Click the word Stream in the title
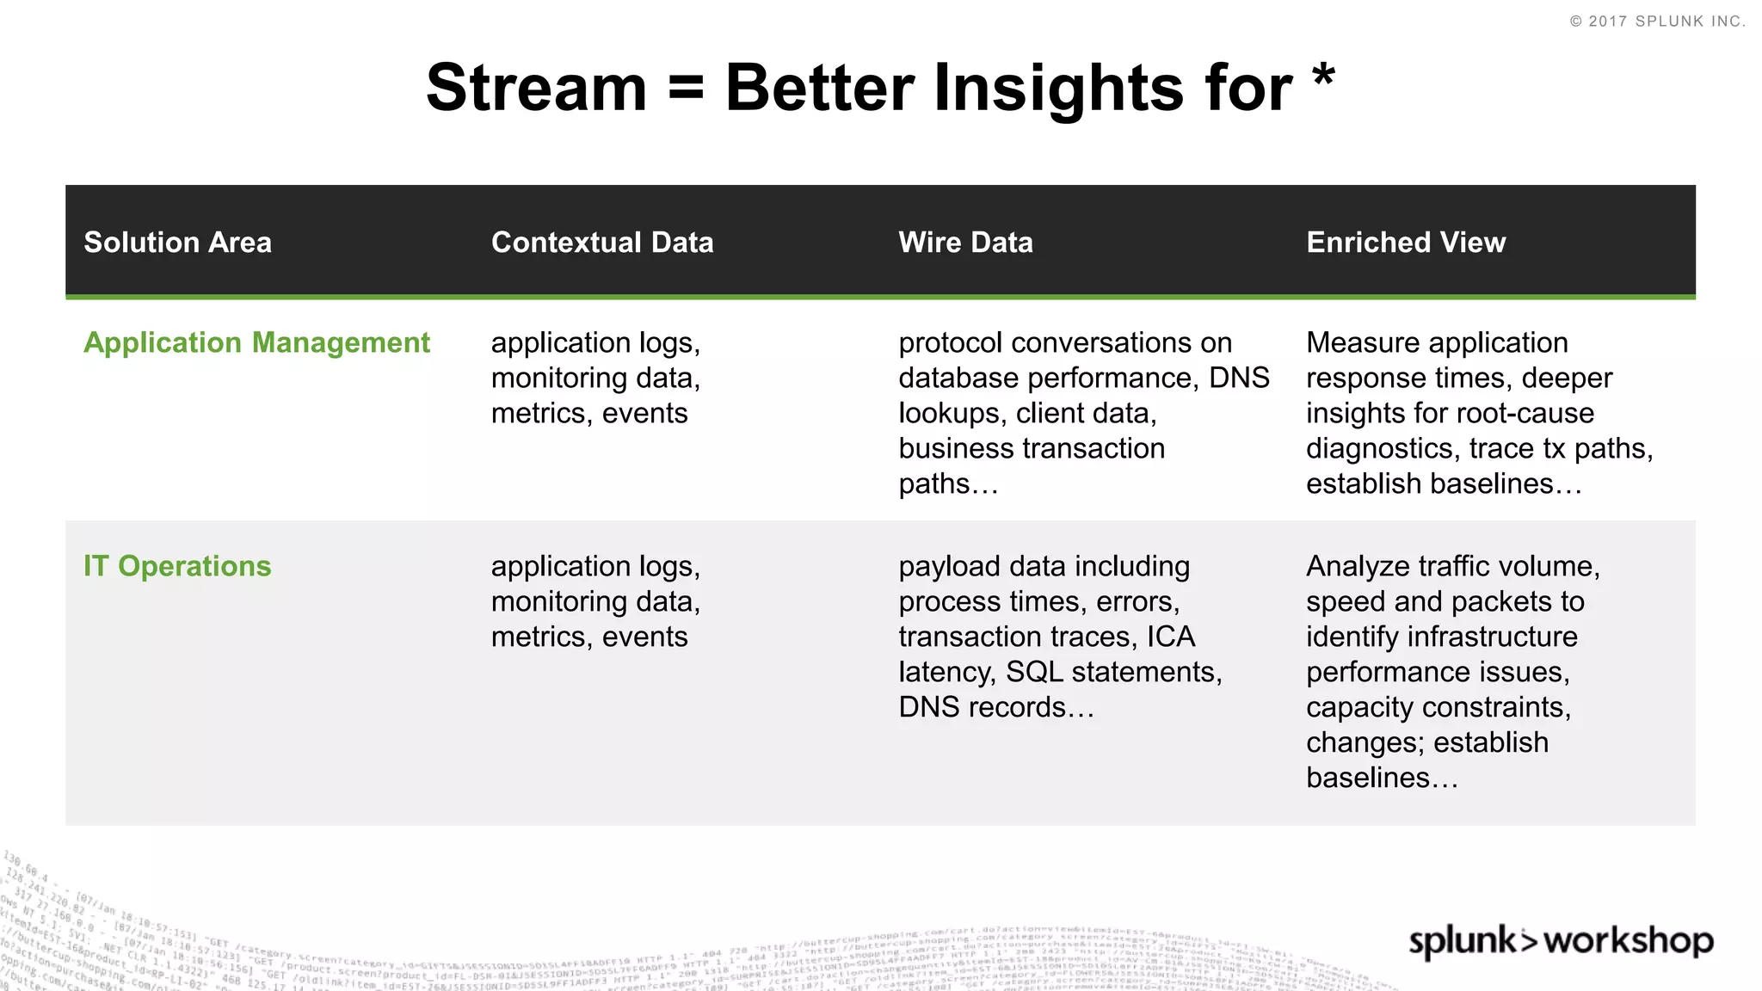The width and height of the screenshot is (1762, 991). point(536,88)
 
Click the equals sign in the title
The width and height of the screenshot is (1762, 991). point(686,88)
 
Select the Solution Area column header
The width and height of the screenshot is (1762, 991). point(177,243)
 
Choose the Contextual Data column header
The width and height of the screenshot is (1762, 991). point(602,243)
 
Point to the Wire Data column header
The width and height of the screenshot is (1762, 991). point(965,243)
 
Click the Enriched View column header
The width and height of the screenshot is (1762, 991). point(1406,243)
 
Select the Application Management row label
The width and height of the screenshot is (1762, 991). point(256,342)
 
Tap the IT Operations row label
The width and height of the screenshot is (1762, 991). point(177,566)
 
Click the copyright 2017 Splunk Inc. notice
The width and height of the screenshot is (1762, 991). point(1657,22)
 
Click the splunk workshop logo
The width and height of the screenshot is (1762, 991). point(1560,940)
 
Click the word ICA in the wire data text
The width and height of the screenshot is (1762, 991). point(1170,637)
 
